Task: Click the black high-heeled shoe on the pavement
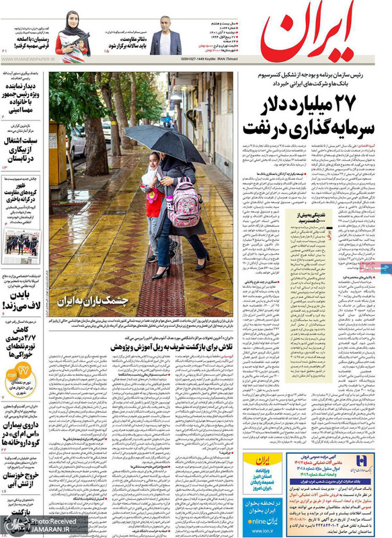[159, 272]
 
